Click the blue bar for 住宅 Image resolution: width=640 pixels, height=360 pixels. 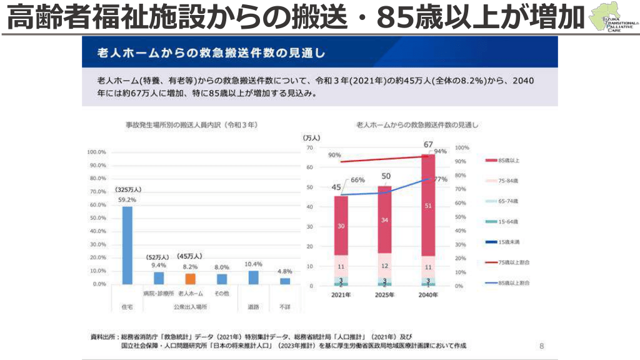[127, 245]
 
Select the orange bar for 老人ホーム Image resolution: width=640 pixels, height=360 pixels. [190, 279]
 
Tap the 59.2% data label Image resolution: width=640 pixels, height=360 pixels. [127, 200]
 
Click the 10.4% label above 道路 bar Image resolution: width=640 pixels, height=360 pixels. [253, 264]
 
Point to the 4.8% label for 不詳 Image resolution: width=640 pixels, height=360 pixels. [285, 271]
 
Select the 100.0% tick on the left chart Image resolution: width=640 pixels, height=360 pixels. [96, 152]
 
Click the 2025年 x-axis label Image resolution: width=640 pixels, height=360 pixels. [385, 294]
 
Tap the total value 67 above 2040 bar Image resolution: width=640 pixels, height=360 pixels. [427, 145]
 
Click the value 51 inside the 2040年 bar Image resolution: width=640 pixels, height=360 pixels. [427, 206]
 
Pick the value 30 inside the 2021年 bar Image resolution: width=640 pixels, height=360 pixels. [341, 226]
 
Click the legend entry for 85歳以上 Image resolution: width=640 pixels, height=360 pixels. [508, 161]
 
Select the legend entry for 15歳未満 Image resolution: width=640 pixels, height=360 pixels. [508, 242]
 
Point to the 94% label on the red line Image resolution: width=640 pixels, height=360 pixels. [441, 151]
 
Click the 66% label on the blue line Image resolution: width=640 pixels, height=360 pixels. [357, 180]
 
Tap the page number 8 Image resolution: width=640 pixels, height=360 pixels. [541, 346]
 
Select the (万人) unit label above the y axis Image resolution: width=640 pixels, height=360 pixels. [311, 137]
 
